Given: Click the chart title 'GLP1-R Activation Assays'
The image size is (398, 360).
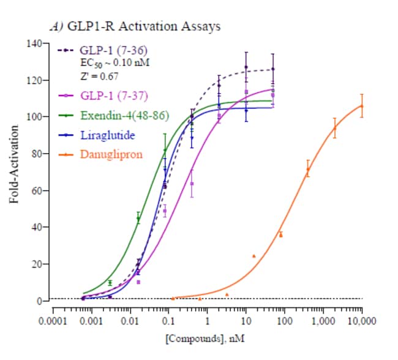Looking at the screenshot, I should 144,26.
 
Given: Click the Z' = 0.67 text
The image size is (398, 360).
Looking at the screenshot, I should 99,77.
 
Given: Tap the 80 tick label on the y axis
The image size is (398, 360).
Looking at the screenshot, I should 34,154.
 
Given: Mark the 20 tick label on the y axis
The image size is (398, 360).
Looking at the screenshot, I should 34,264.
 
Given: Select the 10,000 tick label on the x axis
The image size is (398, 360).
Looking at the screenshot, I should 361,321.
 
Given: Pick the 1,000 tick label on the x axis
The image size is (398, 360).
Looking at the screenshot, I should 323,321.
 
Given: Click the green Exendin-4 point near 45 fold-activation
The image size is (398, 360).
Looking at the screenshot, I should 138,219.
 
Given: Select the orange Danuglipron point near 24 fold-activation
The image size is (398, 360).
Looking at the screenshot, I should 253,256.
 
